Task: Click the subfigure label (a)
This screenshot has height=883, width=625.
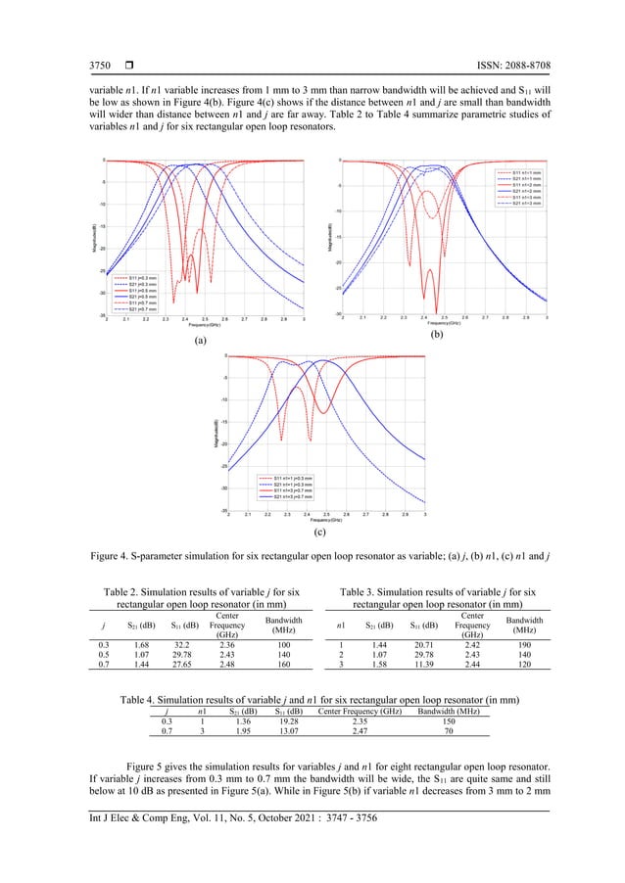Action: click(200, 342)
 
